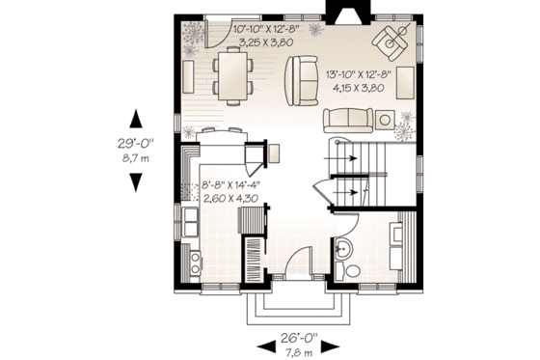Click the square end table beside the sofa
pyautogui.click(x=385, y=120)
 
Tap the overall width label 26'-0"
pyautogui.click(x=300, y=340)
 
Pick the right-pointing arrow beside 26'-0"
pyautogui.click(x=337, y=346)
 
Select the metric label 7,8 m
pyautogui.click(x=300, y=353)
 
